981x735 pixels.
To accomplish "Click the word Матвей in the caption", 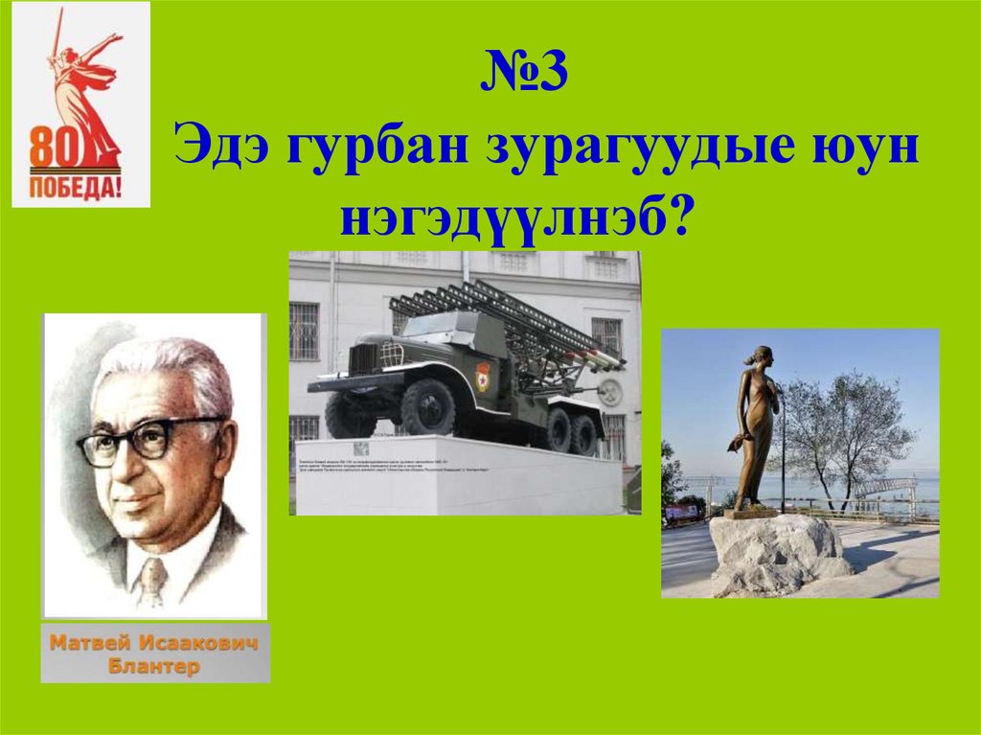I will [92, 644].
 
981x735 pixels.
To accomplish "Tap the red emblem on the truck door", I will [482, 373].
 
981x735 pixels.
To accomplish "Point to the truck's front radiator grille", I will [365, 359].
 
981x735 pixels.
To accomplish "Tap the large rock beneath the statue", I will [776, 553].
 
